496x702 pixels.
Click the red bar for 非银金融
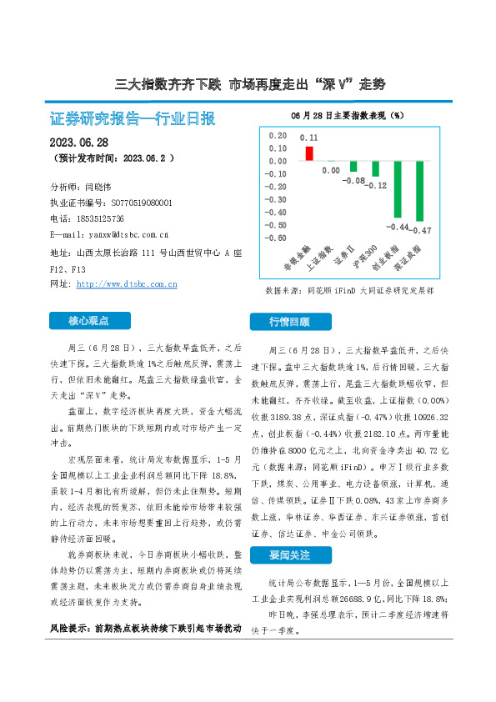click(309, 153)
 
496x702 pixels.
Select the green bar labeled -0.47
click(419, 191)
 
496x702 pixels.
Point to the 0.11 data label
click(309, 137)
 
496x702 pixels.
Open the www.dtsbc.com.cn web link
click(127, 284)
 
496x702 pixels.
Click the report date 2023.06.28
click(79, 142)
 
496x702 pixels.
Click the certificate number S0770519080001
click(135, 203)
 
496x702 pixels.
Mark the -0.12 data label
click(378, 185)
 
